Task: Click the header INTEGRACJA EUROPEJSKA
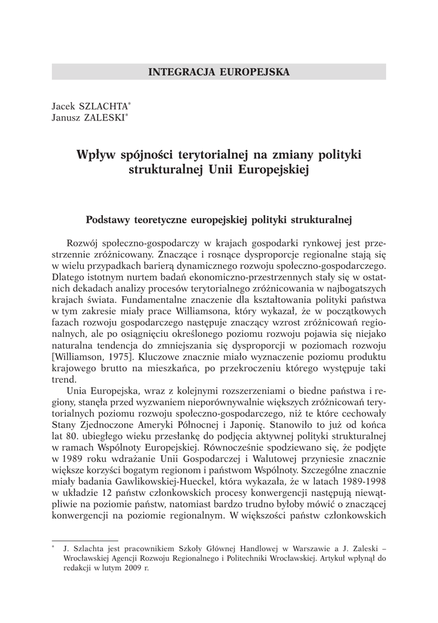pos(219,72)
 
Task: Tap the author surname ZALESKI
pos(99,117)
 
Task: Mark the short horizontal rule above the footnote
pos(76,538)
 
